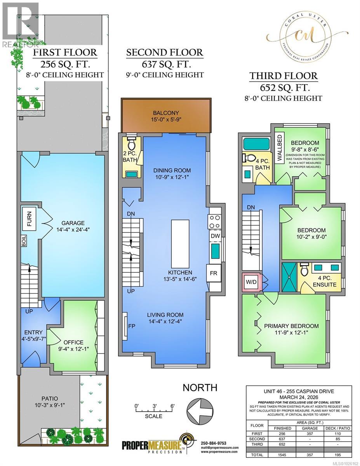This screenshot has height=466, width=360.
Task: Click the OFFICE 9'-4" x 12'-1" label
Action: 73,345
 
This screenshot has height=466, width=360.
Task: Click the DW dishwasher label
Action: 215,236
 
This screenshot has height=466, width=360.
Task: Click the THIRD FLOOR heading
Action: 289,76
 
